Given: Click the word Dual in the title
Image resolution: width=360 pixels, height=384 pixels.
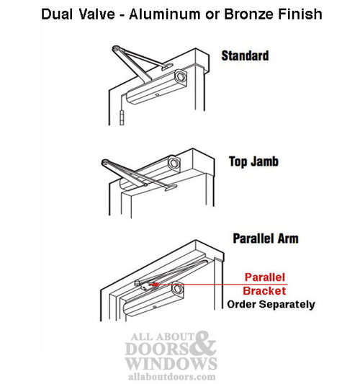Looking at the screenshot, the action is coord(57,14).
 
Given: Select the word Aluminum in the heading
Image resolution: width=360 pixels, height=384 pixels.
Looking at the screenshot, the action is coord(165,14).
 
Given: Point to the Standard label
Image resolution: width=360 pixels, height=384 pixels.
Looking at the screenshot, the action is coord(245,55).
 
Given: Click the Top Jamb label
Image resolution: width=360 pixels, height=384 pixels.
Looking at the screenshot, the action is coord(253,161).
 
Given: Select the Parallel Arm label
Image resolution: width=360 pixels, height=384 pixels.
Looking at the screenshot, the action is coord(266,238).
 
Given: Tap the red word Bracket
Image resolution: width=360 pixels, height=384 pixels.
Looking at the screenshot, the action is coord(264,291).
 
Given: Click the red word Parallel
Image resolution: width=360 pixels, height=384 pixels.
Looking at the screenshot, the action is coord(265,277).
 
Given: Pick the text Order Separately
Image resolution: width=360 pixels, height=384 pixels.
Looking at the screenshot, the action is coord(271,305).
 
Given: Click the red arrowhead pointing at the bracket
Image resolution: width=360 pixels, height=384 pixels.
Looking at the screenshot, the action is coord(153,285).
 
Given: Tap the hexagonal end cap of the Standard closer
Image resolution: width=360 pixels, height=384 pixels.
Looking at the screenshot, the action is coord(181,76).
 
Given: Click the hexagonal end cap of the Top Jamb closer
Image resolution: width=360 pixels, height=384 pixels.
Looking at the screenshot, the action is coord(174,163).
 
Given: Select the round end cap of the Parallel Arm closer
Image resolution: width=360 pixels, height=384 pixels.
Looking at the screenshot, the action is coord(177,289).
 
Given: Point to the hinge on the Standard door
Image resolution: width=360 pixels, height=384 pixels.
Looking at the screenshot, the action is coord(122,117).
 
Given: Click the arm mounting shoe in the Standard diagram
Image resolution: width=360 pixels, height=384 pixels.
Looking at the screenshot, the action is coord(167,66).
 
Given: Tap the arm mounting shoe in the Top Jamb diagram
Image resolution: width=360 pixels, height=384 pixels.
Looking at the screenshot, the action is coord(171,187).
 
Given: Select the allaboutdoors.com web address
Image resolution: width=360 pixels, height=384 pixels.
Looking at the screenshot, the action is coord(172,377).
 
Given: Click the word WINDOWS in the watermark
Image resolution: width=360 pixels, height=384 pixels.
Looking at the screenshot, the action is coord(171,363).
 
